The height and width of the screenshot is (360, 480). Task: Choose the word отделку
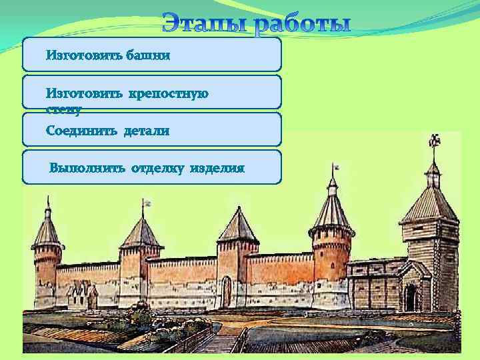pyautogui.click(x=158, y=168)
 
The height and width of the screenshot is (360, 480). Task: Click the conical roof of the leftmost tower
pyautogui.click(x=47, y=230)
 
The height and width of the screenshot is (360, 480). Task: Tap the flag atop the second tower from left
pyautogui.click(x=147, y=201)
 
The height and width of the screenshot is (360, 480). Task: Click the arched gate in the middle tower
pyautogui.click(x=227, y=291)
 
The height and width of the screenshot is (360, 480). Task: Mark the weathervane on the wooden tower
pyautogui.click(x=433, y=141)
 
